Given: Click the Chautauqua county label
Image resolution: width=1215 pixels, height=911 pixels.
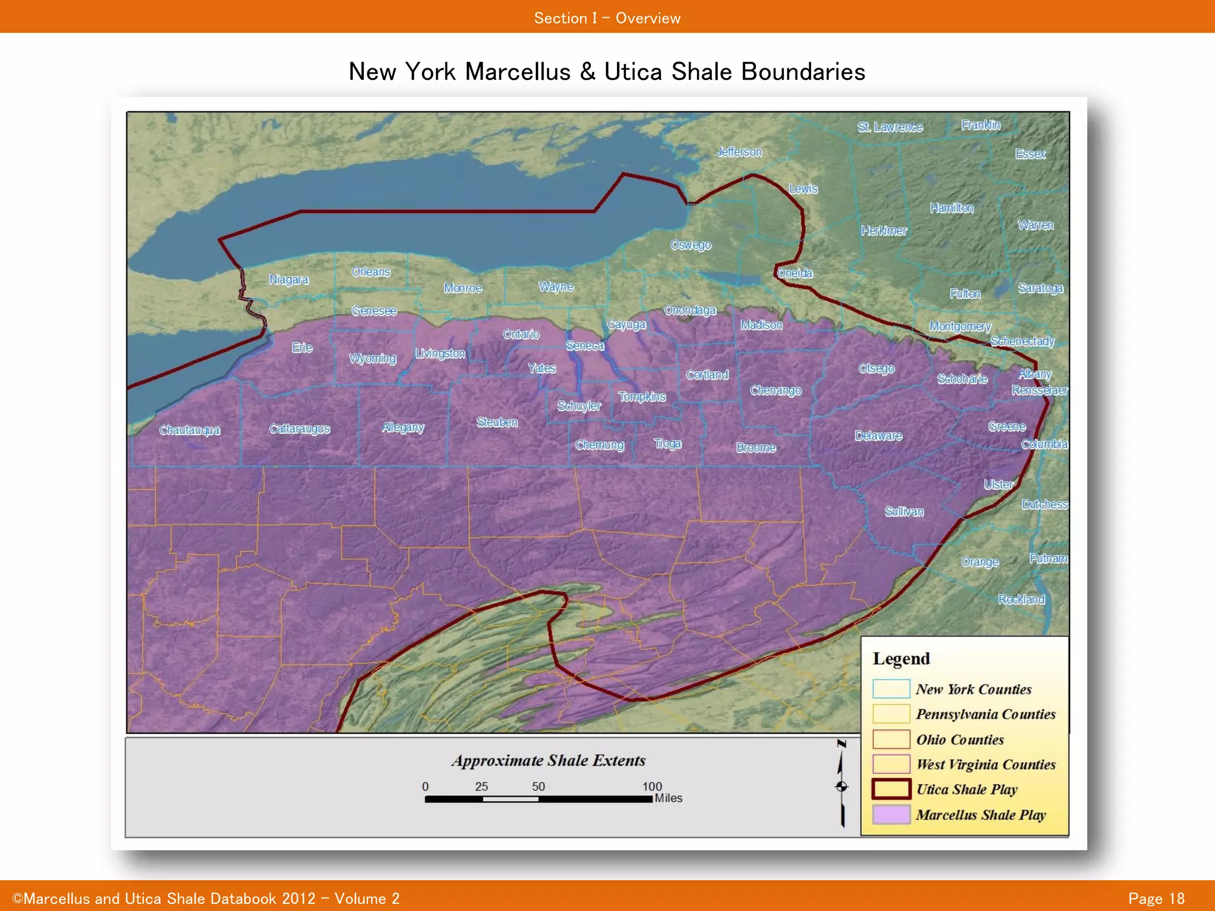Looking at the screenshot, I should [x=189, y=430].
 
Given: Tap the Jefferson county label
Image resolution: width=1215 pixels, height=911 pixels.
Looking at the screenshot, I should [x=739, y=152].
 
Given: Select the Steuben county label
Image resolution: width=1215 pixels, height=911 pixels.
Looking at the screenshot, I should [x=497, y=422].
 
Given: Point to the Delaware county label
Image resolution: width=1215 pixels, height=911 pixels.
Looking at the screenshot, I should [x=878, y=436].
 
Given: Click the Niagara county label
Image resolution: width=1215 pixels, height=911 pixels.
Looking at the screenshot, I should [x=289, y=279].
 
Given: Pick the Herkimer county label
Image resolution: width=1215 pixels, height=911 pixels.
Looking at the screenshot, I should [x=884, y=231].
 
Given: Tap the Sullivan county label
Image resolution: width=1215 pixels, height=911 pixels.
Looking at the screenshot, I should [x=904, y=511].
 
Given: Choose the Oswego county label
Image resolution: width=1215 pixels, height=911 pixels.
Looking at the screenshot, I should [x=691, y=245].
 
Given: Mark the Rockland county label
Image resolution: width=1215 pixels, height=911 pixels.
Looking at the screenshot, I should [x=1021, y=599].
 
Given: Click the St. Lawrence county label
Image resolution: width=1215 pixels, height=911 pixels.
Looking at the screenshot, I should [x=890, y=127].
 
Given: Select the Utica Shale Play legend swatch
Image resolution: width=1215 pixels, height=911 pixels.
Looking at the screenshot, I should [x=891, y=789].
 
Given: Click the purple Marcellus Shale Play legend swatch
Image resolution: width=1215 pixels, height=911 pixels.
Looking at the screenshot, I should [x=891, y=814].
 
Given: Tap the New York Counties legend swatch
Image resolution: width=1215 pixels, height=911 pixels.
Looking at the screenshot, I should [x=891, y=689].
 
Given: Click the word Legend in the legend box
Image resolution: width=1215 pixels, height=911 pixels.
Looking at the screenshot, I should [x=901, y=658].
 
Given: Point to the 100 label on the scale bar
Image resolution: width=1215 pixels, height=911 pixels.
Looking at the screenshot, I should [x=652, y=786].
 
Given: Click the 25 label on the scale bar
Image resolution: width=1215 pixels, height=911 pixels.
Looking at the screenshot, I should [x=481, y=786].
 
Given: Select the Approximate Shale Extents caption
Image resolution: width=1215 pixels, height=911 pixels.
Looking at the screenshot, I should [x=548, y=760].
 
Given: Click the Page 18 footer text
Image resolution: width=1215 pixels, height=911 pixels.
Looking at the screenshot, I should [x=1156, y=899].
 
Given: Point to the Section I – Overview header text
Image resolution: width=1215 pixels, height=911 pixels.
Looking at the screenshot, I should [x=607, y=18].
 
